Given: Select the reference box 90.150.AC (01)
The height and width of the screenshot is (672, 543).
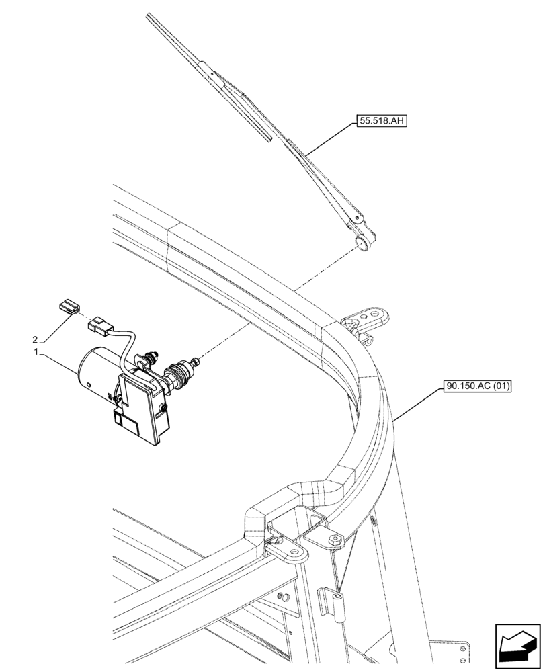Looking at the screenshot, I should coord(478,386).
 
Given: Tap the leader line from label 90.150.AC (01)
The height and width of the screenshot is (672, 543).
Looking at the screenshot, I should coord(417,404).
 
